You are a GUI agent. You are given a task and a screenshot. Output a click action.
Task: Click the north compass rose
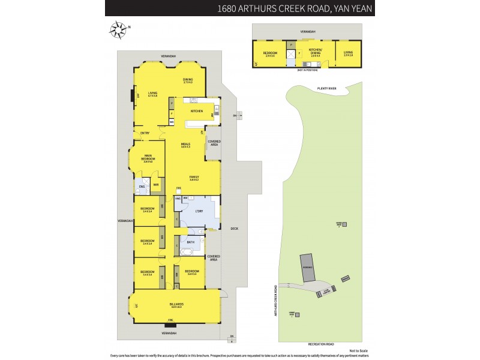click(x=118, y=29)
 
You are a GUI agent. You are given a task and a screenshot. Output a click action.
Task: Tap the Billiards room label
click(x=175, y=305)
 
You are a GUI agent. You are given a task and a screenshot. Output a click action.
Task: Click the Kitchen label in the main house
click(x=197, y=111)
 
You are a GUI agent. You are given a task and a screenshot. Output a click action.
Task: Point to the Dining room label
click(x=188, y=80)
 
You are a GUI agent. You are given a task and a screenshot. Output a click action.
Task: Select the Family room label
click(x=194, y=178)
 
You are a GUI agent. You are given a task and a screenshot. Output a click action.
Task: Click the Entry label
click(x=145, y=133)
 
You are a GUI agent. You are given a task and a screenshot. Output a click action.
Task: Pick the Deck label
click(x=235, y=227)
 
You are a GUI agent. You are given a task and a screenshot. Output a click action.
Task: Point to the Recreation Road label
click(x=321, y=344)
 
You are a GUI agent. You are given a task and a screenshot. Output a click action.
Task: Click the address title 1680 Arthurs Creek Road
click(x=293, y=8)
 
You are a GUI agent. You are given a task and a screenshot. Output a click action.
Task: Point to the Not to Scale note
click(x=358, y=351)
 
